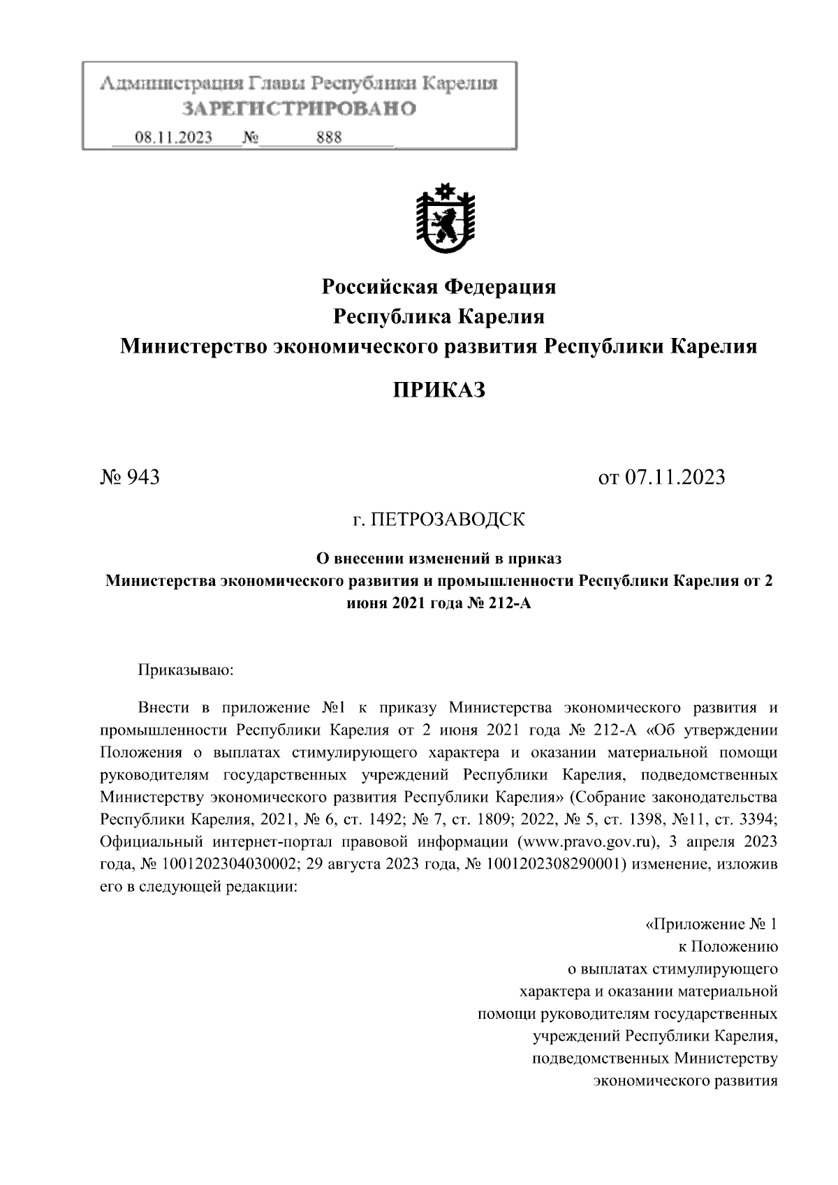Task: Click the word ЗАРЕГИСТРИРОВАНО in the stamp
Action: (298, 108)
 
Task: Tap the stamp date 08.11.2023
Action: (174, 138)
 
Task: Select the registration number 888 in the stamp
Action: (329, 138)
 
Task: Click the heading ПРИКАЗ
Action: (438, 390)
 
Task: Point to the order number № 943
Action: (131, 477)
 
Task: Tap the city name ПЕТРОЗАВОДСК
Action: (447, 520)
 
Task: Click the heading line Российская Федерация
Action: (438, 286)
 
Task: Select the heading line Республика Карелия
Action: (438, 316)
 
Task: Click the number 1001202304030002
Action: (230, 864)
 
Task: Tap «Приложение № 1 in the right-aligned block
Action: (710, 925)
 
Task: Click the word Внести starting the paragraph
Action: (163, 707)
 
